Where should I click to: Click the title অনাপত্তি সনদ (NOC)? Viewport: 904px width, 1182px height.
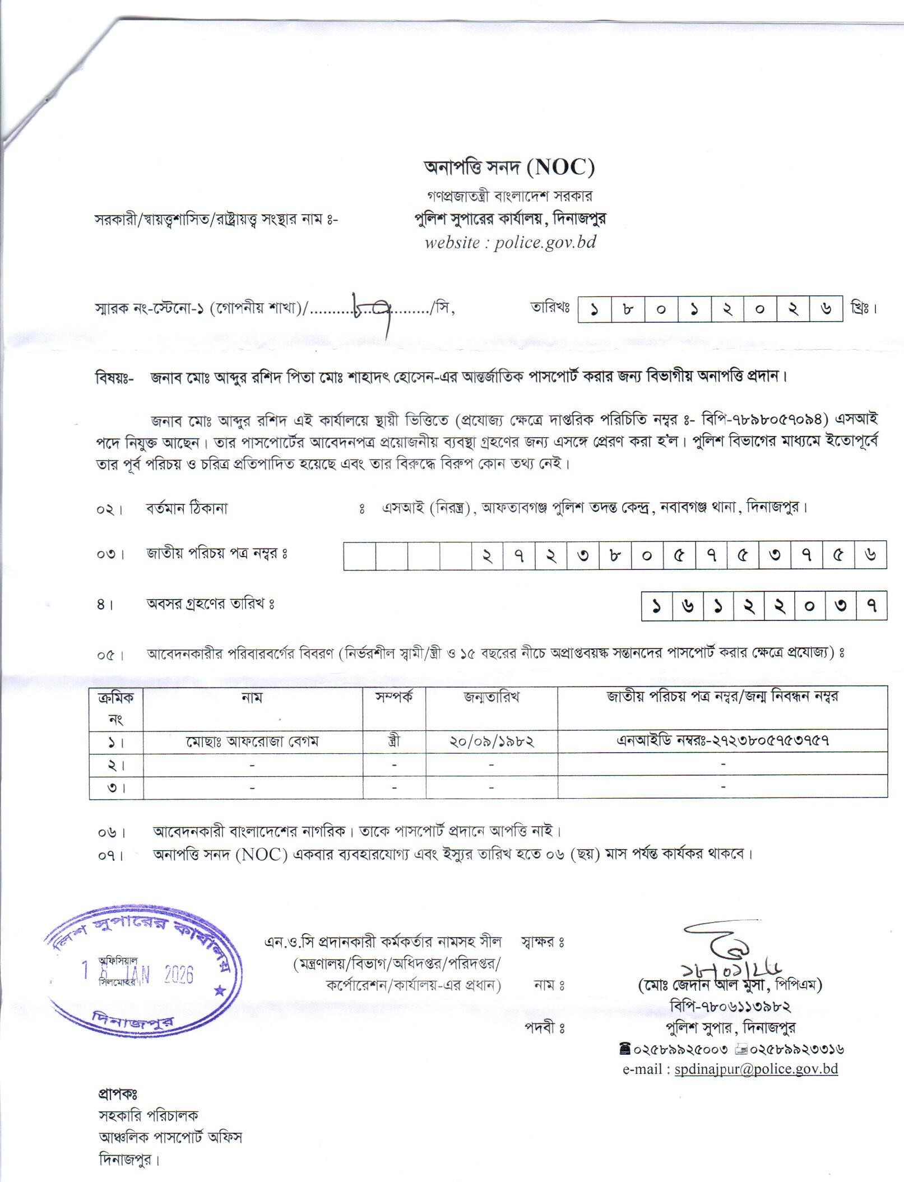point(508,167)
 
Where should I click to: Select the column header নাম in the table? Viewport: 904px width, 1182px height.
point(252,698)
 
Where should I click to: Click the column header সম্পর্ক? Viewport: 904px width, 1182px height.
point(394,697)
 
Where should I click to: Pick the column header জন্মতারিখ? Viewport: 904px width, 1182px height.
point(491,697)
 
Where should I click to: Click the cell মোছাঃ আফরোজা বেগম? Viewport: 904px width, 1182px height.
point(252,741)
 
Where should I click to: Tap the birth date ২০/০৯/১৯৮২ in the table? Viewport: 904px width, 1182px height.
point(491,741)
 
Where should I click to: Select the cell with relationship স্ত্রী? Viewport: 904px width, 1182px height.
point(394,741)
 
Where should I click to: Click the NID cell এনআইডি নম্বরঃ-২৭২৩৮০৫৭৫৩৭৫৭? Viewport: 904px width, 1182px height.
point(722,740)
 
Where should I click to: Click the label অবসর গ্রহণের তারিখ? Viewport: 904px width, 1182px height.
point(210,604)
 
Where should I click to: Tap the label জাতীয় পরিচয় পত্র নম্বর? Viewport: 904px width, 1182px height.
point(217,554)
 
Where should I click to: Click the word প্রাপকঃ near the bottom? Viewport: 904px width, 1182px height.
point(117,1093)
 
